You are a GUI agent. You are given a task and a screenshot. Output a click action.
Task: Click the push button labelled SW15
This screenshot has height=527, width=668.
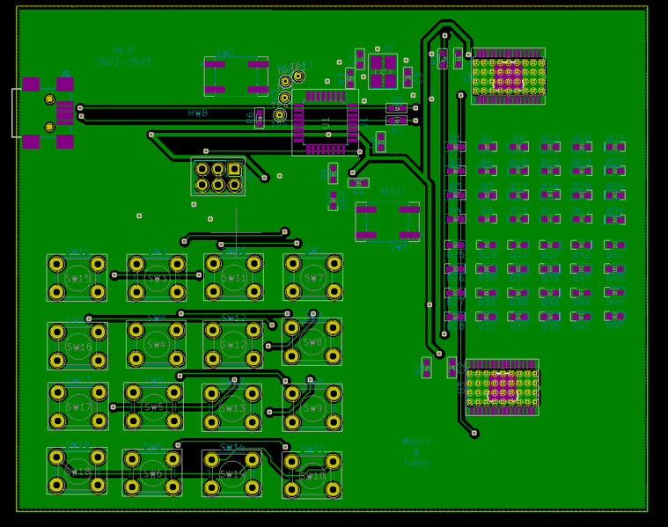(x=77, y=278)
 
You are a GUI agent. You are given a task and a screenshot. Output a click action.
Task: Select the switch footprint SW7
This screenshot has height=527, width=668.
(x=313, y=278)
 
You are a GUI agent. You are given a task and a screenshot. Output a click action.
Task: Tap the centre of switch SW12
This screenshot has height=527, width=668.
(x=234, y=344)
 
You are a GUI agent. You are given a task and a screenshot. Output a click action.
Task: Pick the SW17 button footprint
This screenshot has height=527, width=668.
(x=78, y=406)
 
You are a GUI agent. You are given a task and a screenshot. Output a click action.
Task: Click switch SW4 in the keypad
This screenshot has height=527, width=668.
(x=157, y=344)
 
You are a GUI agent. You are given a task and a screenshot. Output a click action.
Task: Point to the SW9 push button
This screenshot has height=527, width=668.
(x=312, y=407)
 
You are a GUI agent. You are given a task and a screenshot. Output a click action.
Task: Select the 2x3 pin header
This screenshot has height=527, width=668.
(x=218, y=177)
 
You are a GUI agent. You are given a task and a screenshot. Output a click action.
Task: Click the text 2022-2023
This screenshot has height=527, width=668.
(x=124, y=63)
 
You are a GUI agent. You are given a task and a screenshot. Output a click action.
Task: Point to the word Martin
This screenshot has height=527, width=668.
(x=416, y=441)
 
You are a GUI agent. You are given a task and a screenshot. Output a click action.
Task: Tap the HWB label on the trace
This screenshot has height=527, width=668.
(x=198, y=113)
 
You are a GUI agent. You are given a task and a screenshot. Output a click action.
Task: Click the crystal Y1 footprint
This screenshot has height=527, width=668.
(x=383, y=70)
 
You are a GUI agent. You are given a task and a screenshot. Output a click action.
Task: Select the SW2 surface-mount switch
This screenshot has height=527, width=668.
(x=236, y=77)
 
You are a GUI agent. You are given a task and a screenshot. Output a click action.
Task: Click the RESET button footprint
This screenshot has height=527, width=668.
(x=387, y=221)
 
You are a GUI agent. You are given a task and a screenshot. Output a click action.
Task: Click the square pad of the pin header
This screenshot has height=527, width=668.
(x=234, y=169)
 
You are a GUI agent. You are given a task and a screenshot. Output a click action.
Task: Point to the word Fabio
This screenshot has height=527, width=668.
(x=416, y=461)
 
